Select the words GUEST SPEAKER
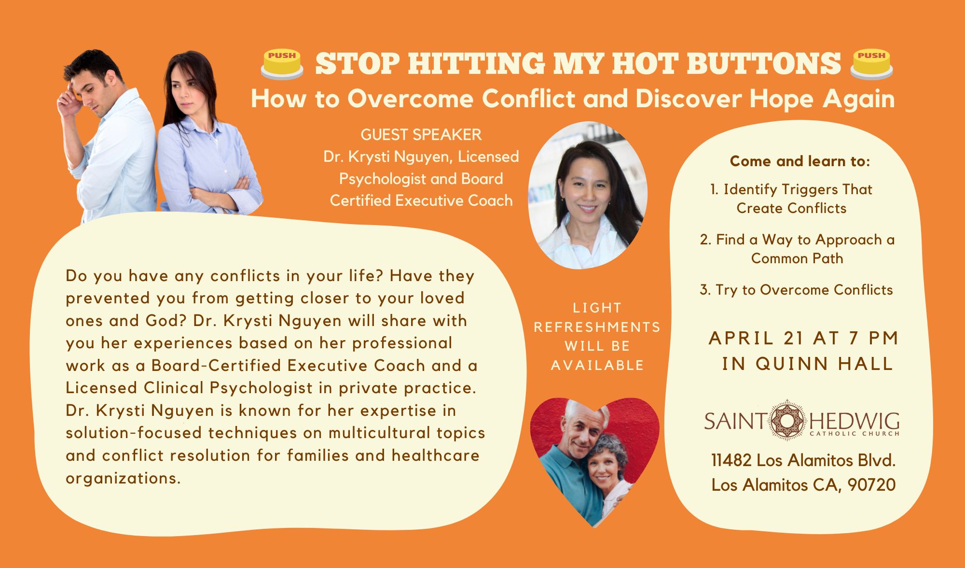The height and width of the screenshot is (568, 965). tap(421, 134)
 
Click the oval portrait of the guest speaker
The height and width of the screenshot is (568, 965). tap(588, 195)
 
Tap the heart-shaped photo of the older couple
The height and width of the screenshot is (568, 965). tap(594, 459)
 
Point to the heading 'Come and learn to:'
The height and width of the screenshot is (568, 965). tap(800, 161)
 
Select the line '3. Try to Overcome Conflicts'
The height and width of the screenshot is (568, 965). tap(796, 290)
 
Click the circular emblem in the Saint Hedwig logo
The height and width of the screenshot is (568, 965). tap(787, 420)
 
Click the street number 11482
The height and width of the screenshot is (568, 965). tap(731, 460)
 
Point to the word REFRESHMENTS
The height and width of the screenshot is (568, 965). tap(597, 327)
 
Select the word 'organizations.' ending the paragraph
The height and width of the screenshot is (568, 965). tap(123, 478)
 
